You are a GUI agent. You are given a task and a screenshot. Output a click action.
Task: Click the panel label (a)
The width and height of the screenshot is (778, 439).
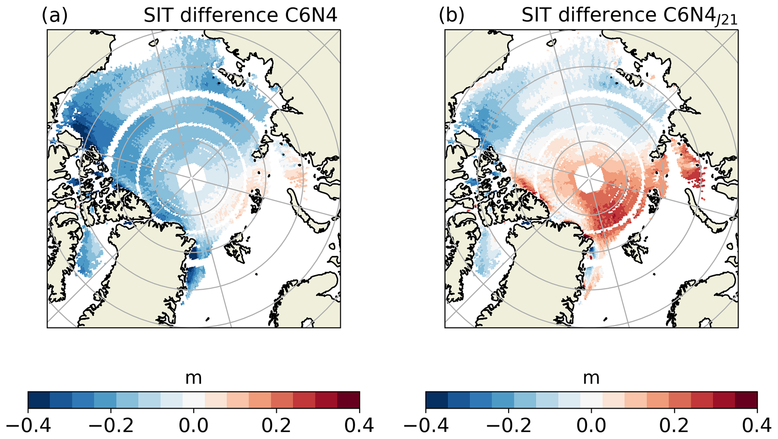point(55,16)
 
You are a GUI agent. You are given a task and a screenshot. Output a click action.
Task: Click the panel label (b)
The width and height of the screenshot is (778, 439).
point(452,16)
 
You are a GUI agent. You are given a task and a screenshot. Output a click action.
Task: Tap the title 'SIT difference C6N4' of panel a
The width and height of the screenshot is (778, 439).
point(240,16)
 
